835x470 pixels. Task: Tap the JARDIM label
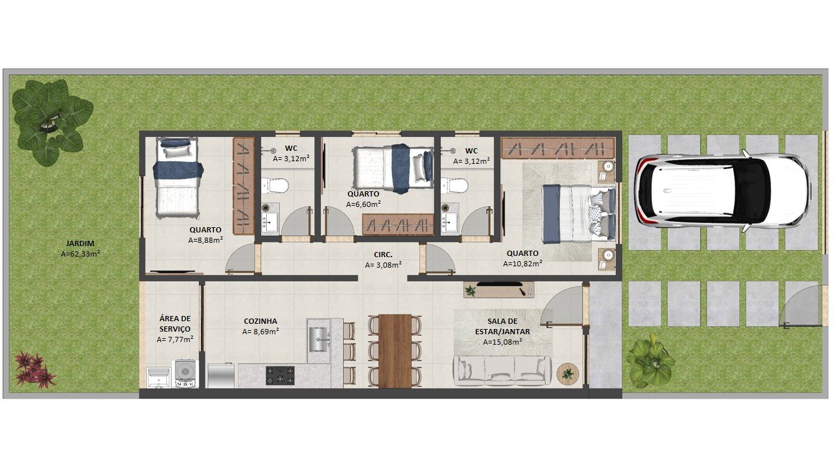80,243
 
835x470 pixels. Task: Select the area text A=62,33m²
80,254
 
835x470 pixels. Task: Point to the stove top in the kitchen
280,375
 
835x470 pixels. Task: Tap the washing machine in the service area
187,373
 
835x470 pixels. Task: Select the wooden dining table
395,351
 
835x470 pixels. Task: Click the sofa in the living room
502,370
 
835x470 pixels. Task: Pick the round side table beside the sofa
568,374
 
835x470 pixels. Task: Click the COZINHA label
260,321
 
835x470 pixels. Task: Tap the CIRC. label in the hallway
383,255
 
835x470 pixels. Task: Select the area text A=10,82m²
523,264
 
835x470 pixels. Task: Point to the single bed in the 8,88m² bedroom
177,178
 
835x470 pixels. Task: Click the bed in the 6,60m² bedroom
393,168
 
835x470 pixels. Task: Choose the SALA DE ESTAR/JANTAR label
502,326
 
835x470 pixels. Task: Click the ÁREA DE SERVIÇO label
175,324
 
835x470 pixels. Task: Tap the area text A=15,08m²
502,342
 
